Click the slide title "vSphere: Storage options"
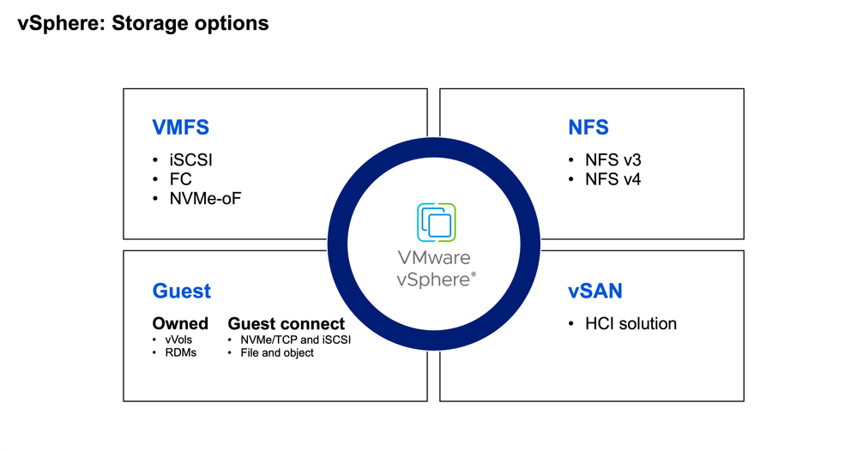click(143, 23)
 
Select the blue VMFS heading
click(180, 128)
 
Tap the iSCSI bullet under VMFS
click(189, 160)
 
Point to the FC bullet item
click(180, 179)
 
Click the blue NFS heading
click(588, 128)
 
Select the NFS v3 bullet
click(613, 160)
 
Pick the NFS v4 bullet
click(613, 179)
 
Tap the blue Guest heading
click(181, 291)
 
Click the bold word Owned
click(180, 323)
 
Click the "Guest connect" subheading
click(286, 323)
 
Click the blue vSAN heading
click(594, 291)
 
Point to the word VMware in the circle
click(433, 257)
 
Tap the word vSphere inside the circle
click(432, 279)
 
